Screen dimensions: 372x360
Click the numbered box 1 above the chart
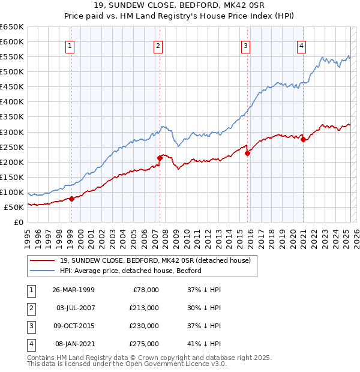[70, 46]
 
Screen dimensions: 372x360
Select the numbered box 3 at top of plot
[246, 46]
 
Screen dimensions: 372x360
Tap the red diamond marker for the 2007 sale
[160, 158]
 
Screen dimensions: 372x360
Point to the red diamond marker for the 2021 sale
[304, 140]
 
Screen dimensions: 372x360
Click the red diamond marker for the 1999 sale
[71, 199]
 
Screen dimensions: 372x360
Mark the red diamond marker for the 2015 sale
[248, 153]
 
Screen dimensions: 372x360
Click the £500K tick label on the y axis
[12, 72]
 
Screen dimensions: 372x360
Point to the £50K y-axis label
[14, 207]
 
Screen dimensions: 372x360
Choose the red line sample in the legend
[43, 260]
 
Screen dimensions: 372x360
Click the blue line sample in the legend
[43, 271]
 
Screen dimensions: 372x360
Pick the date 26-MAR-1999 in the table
[73, 290]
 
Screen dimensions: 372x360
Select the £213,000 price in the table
[144, 308]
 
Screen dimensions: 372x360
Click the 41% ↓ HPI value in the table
[204, 344]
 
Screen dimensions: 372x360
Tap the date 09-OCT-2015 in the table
[73, 326]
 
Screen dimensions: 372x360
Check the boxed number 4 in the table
[30, 344]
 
